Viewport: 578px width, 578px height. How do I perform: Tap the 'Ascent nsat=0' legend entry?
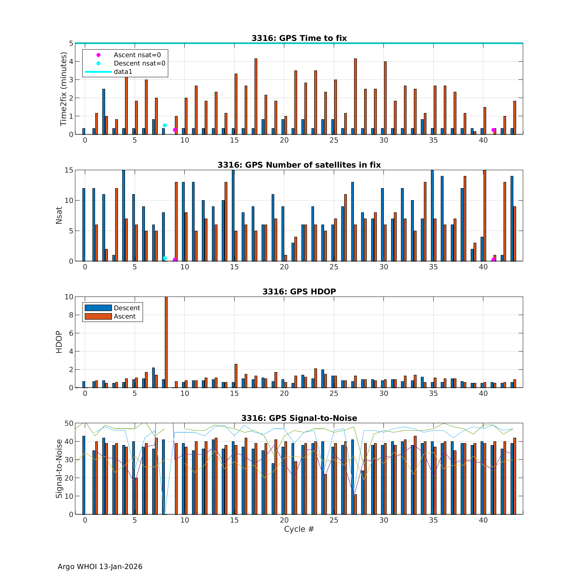[137, 55]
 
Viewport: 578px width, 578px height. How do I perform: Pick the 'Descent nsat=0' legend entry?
[139, 63]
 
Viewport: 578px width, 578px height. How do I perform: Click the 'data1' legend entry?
[123, 72]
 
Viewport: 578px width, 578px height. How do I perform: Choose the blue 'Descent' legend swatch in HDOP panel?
[98, 308]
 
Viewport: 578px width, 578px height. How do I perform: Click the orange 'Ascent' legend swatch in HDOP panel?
[98, 316]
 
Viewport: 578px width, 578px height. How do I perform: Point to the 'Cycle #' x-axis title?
[299, 537]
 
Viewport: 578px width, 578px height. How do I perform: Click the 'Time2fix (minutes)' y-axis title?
[63, 89]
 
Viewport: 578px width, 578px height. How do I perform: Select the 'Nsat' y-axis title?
[59, 215]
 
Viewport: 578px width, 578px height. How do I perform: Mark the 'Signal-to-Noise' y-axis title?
[59, 469]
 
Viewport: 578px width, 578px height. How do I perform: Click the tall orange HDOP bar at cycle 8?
[166, 342]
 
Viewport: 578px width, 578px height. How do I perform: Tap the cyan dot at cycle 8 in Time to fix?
[165, 125]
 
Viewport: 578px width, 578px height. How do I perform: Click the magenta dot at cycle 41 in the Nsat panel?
[493, 259]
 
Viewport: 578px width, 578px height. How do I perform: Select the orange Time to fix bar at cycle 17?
[256, 96]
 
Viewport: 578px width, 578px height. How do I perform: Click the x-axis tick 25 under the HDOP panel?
[334, 393]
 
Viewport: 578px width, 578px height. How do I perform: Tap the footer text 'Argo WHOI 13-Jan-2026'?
[100, 567]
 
